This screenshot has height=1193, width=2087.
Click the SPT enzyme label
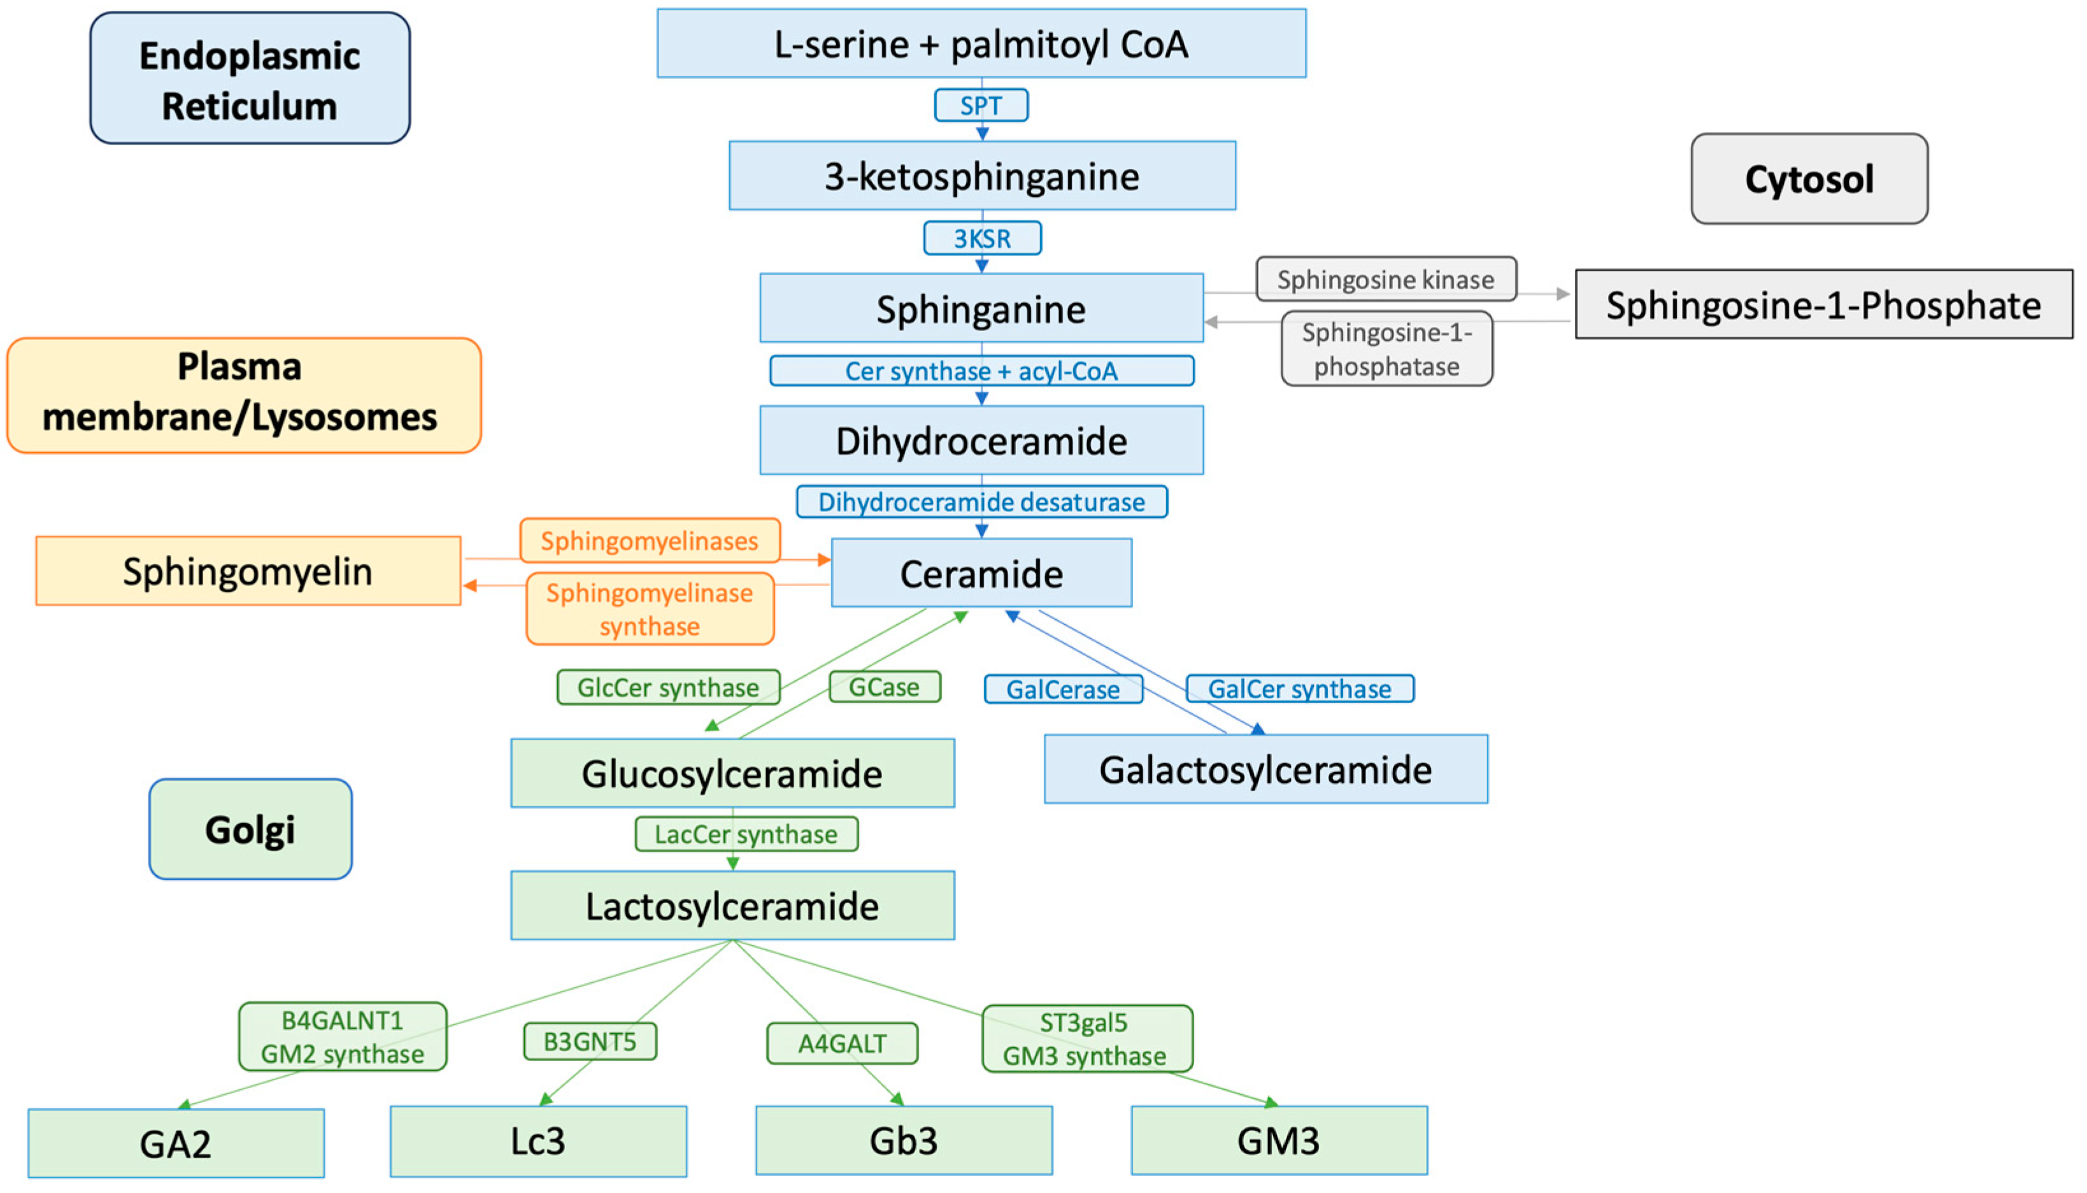pyautogui.click(x=981, y=106)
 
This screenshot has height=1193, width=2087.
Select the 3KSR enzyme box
pyautogui.click(x=982, y=238)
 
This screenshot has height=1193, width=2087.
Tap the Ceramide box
pyautogui.click(x=981, y=573)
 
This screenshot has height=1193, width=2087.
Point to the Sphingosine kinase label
pyautogui.click(x=1386, y=280)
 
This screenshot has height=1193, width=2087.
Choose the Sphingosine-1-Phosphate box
pyautogui.click(x=1823, y=305)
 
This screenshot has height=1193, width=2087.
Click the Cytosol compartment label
pyautogui.click(x=1809, y=178)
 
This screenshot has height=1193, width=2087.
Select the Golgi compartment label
pyautogui.click(x=250, y=829)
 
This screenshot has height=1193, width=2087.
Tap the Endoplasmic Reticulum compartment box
pyautogui.click(x=249, y=78)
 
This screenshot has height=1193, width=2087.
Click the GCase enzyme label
pyautogui.click(x=885, y=687)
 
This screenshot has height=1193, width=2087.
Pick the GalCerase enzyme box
pyautogui.click(x=1062, y=690)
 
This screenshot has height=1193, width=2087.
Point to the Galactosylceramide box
pyautogui.click(x=1265, y=769)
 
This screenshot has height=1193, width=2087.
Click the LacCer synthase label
pyautogui.click(x=746, y=834)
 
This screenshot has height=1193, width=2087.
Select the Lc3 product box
pyautogui.click(x=538, y=1141)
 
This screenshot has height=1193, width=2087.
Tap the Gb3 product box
pyautogui.click(x=904, y=1141)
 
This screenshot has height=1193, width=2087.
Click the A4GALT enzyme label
pyautogui.click(x=842, y=1043)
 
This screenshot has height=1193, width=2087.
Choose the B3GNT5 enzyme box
pyautogui.click(x=590, y=1041)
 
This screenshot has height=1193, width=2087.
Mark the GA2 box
pyautogui.click(x=176, y=1144)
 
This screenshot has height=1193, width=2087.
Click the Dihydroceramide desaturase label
pyautogui.click(x=981, y=501)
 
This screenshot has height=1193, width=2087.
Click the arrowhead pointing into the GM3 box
pyautogui.click(x=1271, y=1102)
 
